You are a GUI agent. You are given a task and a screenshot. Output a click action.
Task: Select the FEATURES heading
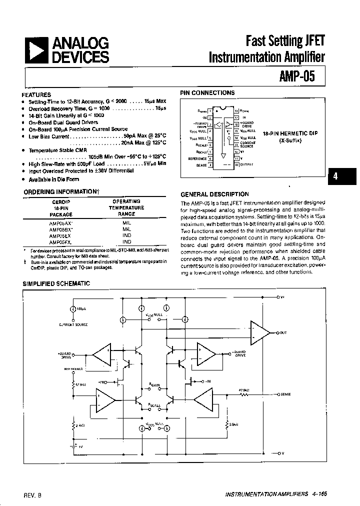click(x=36, y=94)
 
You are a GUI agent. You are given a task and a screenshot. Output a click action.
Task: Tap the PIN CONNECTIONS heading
click(x=207, y=93)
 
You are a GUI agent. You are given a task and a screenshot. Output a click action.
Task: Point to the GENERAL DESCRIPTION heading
click(x=214, y=194)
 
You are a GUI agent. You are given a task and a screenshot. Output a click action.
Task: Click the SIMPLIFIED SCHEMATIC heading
click(x=56, y=283)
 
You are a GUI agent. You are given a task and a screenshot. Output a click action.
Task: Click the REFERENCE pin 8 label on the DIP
click(x=197, y=158)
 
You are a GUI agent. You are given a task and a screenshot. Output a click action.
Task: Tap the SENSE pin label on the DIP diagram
click(x=201, y=164)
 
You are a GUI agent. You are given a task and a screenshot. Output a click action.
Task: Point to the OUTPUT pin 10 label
click(x=246, y=164)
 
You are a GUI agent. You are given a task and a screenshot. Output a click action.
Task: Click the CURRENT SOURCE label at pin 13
click(x=248, y=144)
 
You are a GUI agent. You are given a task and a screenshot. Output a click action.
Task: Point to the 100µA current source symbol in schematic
click(x=73, y=309)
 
